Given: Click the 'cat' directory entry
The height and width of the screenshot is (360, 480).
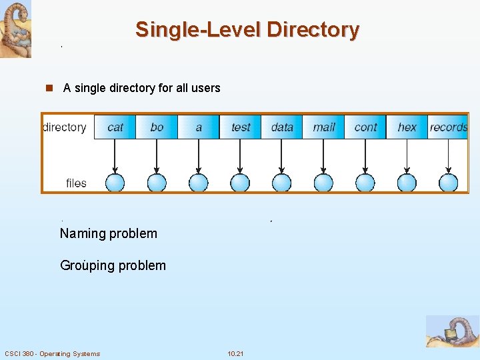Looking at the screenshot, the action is pos(115,127).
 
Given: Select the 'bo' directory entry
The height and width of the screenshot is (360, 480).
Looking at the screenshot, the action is pos(157,127).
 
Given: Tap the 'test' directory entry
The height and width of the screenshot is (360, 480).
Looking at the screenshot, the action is pos(240,127).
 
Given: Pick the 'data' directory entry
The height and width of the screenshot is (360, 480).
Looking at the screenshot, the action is pos(282,127).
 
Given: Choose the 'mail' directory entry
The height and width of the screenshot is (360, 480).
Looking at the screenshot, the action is pos(323,127).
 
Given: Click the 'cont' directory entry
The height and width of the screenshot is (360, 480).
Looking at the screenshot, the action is pos(365,127).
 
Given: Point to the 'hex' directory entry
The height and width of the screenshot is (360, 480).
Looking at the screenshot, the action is pos(407,127).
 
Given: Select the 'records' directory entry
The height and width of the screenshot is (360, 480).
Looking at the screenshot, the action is pos(448,127).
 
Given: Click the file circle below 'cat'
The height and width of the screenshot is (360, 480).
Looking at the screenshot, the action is pos(115,183).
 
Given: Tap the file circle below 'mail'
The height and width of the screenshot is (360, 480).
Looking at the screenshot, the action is pos(323,183).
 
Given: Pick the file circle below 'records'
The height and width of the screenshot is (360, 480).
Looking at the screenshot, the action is pos(449,183).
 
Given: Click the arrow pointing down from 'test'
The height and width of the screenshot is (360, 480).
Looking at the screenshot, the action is pos(240,156).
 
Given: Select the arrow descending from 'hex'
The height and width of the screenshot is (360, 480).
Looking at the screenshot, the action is pos(407,156).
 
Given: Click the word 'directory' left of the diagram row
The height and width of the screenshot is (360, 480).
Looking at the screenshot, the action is pos(65,127).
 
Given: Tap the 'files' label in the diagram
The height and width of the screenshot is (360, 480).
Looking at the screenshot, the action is pos(76,183).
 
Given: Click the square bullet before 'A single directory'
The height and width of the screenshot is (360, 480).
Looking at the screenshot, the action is pos(49,88).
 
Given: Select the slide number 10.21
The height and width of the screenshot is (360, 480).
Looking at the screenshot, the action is pos(235,353).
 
